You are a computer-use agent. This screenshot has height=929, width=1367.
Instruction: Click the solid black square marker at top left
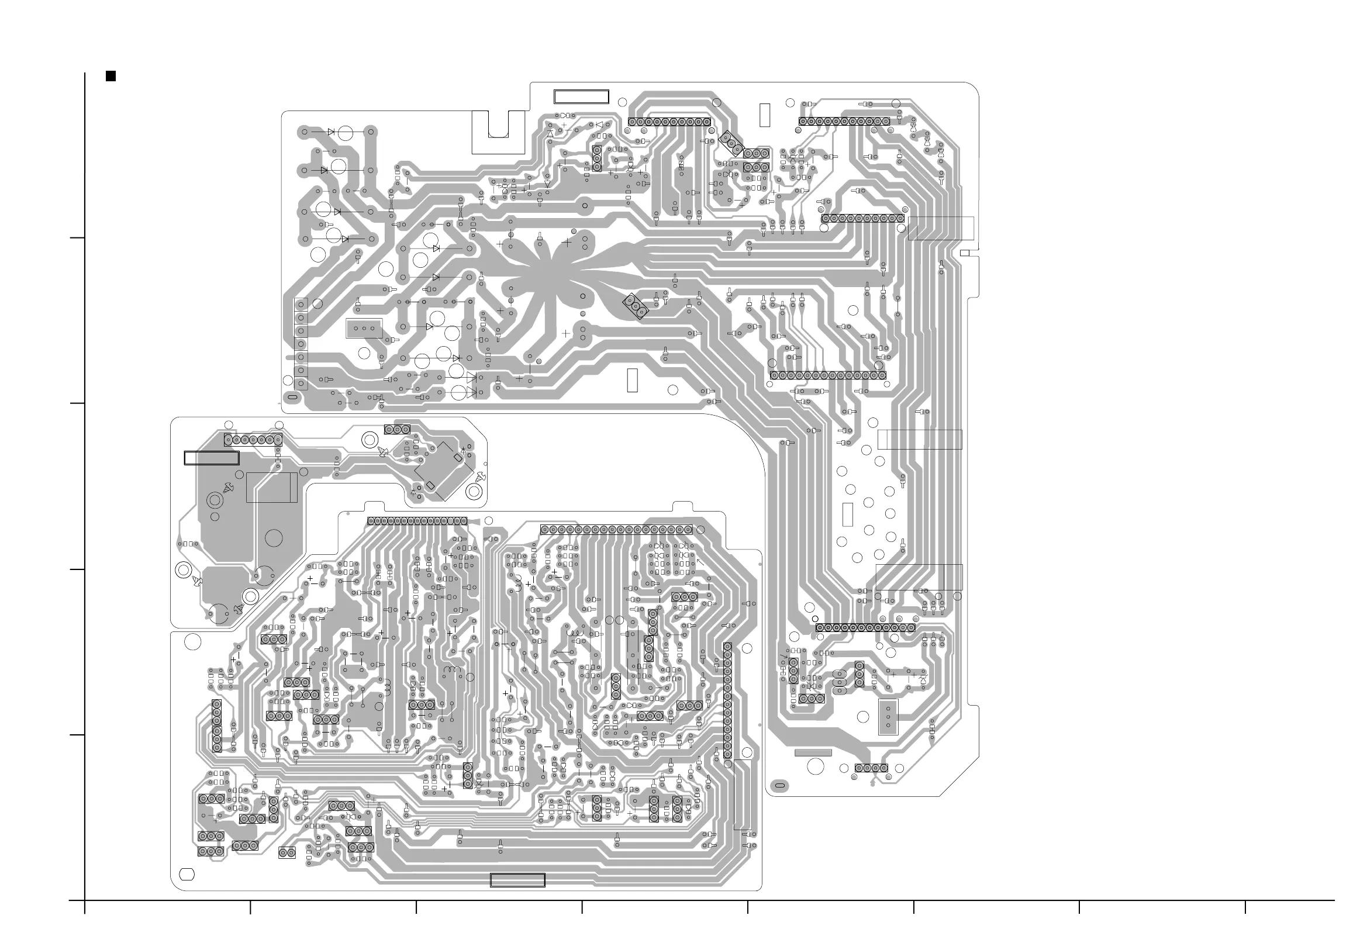(x=111, y=76)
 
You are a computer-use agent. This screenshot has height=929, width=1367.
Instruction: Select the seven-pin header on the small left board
(x=253, y=440)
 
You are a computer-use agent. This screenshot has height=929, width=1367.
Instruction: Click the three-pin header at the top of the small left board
(x=397, y=430)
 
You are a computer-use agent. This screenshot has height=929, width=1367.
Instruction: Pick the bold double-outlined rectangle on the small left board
(x=212, y=458)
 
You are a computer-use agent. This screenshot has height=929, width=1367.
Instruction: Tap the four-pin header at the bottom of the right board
(x=871, y=768)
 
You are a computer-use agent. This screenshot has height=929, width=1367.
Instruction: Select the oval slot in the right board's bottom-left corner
(x=780, y=785)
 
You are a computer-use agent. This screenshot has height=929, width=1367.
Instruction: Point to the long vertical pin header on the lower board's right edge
(x=727, y=701)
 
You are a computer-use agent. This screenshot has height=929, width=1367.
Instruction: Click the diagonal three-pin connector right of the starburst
(x=636, y=306)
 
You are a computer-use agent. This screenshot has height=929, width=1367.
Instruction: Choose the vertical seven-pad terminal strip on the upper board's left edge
(x=301, y=344)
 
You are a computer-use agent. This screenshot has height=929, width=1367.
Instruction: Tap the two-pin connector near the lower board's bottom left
(x=287, y=852)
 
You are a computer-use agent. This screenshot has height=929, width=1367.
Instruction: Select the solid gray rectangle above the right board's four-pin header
(x=813, y=752)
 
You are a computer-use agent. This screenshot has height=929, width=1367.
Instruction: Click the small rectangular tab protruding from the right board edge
(x=965, y=254)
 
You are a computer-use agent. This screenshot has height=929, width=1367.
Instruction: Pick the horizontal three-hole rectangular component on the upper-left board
(x=364, y=329)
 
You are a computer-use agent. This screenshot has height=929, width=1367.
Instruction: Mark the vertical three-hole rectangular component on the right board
(x=888, y=717)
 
